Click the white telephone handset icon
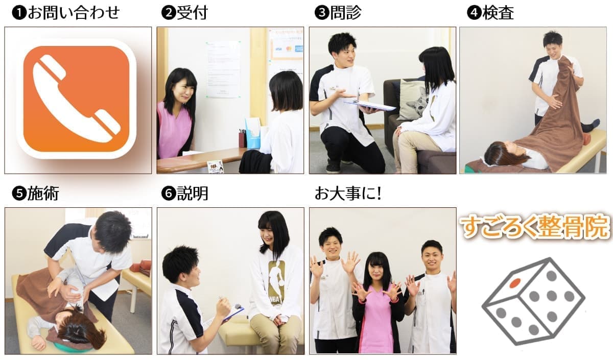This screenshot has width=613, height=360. pyautogui.click(x=76, y=99)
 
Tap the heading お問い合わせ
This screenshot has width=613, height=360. pyautogui.click(x=74, y=13)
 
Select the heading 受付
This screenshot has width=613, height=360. pyautogui.click(x=192, y=13)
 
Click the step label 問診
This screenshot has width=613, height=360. pyautogui.click(x=346, y=13)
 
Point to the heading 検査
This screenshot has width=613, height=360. pyautogui.click(x=498, y=13)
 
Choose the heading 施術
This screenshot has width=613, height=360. pyautogui.click(x=43, y=194)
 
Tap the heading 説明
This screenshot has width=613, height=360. pyautogui.click(x=193, y=194)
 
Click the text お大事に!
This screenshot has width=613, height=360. pyautogui.click(x=348, y=194)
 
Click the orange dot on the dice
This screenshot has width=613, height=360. pyautogui.click(x=515, y=282)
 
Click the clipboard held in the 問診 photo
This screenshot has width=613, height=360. pyautogui.click(x=369, y=106)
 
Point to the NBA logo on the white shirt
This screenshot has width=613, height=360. pyautogui.click(x=277, y=282)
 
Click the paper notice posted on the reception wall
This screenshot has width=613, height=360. pyautogui.click(x=223, y=69)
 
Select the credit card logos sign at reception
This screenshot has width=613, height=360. pyautogui.click(x=287, y=49)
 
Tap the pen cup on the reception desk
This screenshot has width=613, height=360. pyautogui.click(x=243, y=138)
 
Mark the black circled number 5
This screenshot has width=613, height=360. pyautogui.click(x=19, y=194)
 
